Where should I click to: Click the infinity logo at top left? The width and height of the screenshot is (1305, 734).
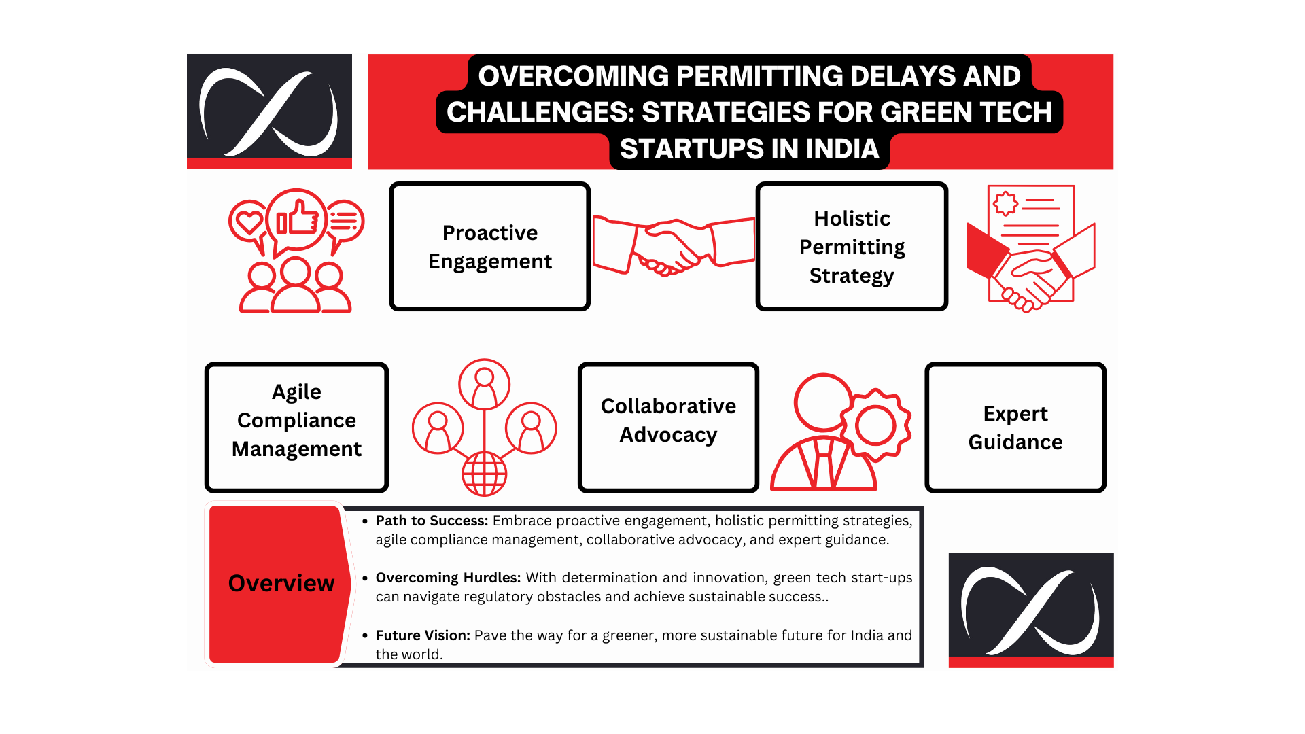point(269,111)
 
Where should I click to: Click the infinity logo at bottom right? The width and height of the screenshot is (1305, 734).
point(1031,610)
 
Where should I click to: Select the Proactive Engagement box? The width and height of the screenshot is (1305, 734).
point(489,246)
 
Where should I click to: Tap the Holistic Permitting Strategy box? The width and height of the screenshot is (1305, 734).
point(852,246)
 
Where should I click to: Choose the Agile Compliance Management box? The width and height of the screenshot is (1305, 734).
point(296,427)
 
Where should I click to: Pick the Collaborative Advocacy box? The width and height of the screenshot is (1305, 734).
point(668,427)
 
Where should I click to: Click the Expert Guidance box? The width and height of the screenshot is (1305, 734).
point(1015,427)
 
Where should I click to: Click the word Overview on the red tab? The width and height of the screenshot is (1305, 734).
point(281,583)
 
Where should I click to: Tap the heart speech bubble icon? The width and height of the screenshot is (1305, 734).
point(249,223)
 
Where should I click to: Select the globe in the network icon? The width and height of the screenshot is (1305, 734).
point(485,474)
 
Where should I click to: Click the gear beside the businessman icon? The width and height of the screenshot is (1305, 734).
point(875,425)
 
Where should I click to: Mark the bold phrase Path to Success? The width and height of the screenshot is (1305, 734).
point(432,521)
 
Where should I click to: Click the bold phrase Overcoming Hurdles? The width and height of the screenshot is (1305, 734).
point(448,578)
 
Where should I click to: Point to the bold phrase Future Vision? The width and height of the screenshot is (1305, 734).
point(423,635)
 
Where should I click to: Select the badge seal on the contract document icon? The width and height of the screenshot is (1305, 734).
point(1005,203)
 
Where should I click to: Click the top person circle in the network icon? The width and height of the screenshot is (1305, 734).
point(485,385)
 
